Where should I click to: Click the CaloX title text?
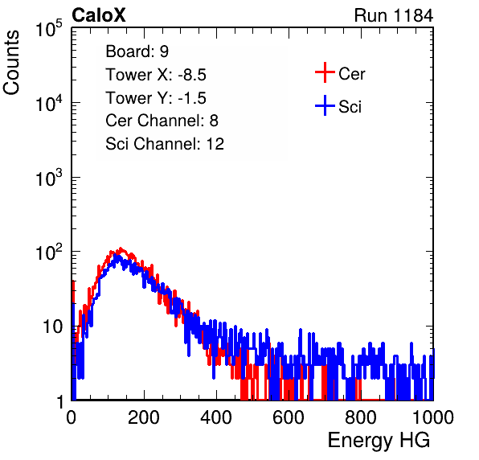coord(99,15)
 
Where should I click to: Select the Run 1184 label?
coord(394,15)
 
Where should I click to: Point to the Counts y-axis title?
coord(11,62)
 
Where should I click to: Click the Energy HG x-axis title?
coord(379,441)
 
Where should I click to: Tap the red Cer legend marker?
coord(325,72)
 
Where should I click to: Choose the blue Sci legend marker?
coord(325,105)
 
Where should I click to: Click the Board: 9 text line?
coord(137,51)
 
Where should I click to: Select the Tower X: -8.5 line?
coord(156,75)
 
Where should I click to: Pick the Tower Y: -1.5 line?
coord(156,98)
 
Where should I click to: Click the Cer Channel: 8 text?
coord(162,121)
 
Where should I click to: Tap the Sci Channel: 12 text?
coord(165,144)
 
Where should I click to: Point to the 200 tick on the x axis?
coord(144,417)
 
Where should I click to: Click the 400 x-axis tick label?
coord(216,417)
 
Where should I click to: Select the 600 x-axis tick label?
coord(289,417)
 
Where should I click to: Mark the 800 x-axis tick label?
coord(361,417)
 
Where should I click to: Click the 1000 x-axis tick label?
coord(433,417)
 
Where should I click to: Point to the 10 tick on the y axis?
coord(53,327)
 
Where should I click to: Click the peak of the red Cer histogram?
coord(121,248)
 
